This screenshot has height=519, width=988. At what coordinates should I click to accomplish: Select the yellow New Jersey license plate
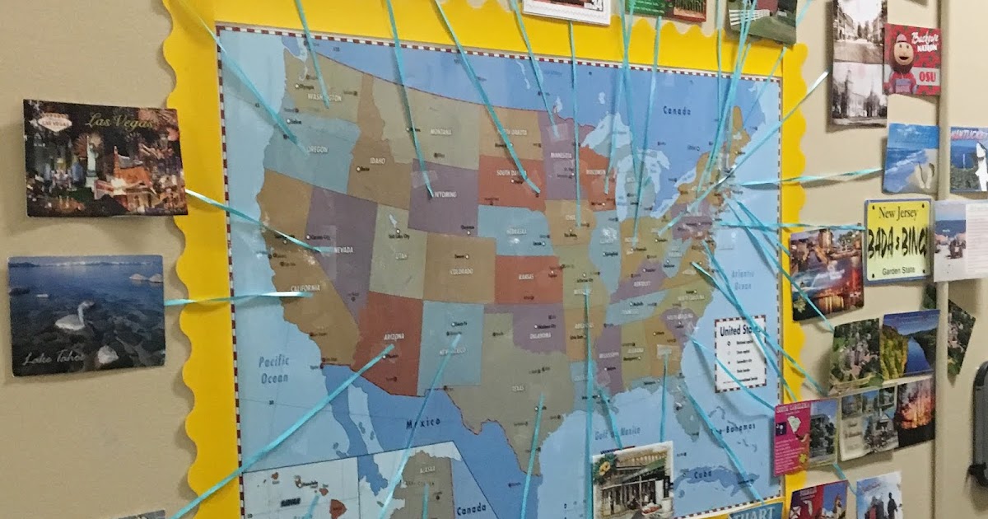tap(897, 241)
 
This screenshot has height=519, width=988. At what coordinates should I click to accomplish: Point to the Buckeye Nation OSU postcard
tap(911, 59)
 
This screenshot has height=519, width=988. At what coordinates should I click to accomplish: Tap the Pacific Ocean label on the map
tap(274, 368)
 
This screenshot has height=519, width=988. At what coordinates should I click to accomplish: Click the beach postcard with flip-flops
tap(911, 158)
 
